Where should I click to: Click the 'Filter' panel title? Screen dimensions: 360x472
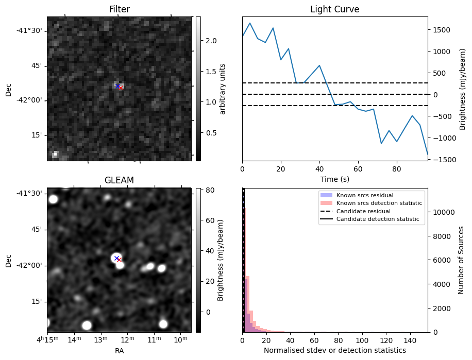click(x=119, y=9)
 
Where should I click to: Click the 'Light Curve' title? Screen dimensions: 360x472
click(x=334, y=9)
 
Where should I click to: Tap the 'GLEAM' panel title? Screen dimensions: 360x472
click(x=119, y=180)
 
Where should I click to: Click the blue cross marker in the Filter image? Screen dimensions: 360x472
click(x=117, y=85)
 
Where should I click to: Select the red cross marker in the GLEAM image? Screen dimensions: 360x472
click(x=119, y=260)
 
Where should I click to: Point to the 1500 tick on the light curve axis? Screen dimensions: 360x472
click(x=442, y=30)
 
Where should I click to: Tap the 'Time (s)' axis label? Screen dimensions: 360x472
click(x=334, y=179)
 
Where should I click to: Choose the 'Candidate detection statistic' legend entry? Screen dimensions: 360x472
click(x=378, y=219)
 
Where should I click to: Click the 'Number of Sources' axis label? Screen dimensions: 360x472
click(x=461, y=260)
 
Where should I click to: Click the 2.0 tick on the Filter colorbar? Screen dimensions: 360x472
click(x=211, y=41)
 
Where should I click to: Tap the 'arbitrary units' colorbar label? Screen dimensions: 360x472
click(x=223, y=89)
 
